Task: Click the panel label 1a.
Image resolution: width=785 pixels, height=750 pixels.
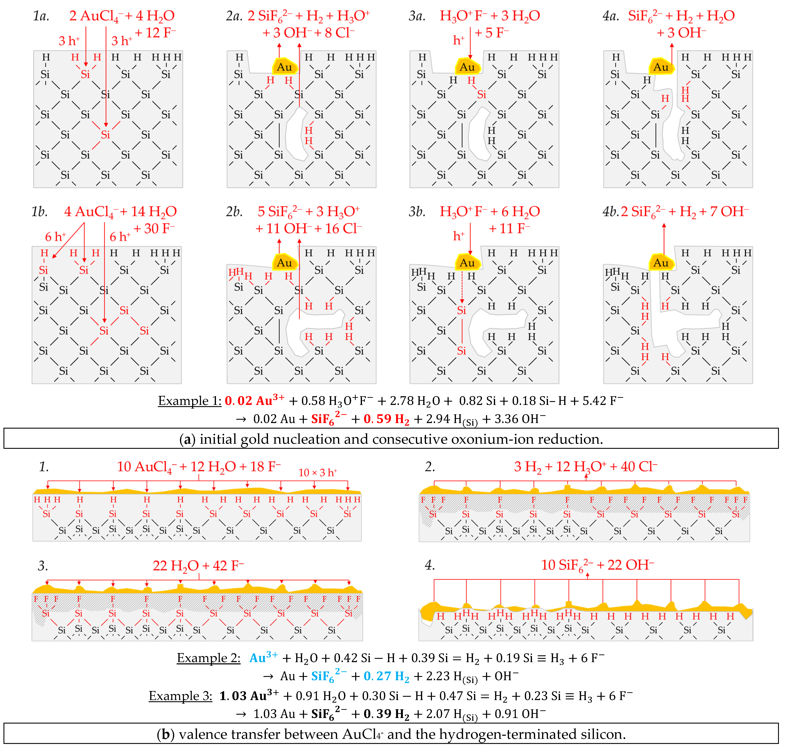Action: pyautogui.click(x=41, y=16)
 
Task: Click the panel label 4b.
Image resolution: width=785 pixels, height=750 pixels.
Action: pyautogui.click(x=610, y=211)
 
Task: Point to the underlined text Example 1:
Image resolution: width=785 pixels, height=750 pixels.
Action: pyautogui.click(x=190, y=401)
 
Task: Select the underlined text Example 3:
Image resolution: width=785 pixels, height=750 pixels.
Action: pyautogui.click(x=180, y=696)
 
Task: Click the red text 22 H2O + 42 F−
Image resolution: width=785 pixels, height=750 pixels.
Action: pyautogui.click(x=198, y=566)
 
